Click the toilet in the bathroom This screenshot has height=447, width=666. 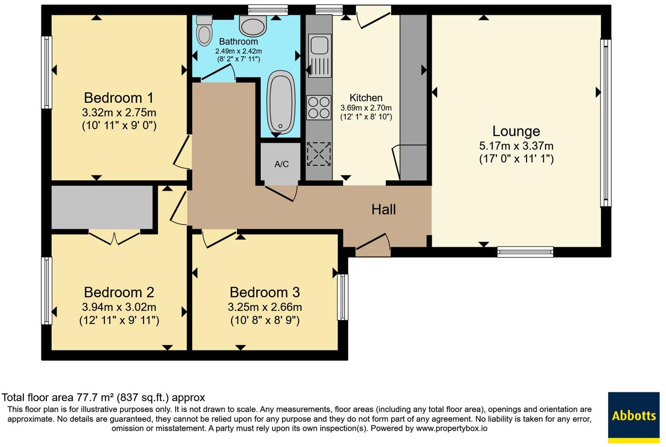204,30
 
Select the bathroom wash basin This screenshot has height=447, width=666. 253,25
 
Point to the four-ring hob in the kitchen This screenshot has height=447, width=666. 319,107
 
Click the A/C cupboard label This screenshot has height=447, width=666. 282,164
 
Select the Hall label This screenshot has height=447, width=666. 383,209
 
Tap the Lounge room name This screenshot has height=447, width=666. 516,131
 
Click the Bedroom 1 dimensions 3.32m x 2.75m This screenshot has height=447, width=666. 119,113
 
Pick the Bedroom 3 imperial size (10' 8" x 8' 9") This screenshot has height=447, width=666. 265,320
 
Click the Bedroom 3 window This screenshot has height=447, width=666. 342,297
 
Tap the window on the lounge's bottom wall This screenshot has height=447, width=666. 525,252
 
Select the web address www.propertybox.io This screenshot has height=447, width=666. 451,428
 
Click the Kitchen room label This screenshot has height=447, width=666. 366,98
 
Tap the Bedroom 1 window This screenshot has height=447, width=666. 47,72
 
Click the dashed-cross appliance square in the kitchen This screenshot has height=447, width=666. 319,154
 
